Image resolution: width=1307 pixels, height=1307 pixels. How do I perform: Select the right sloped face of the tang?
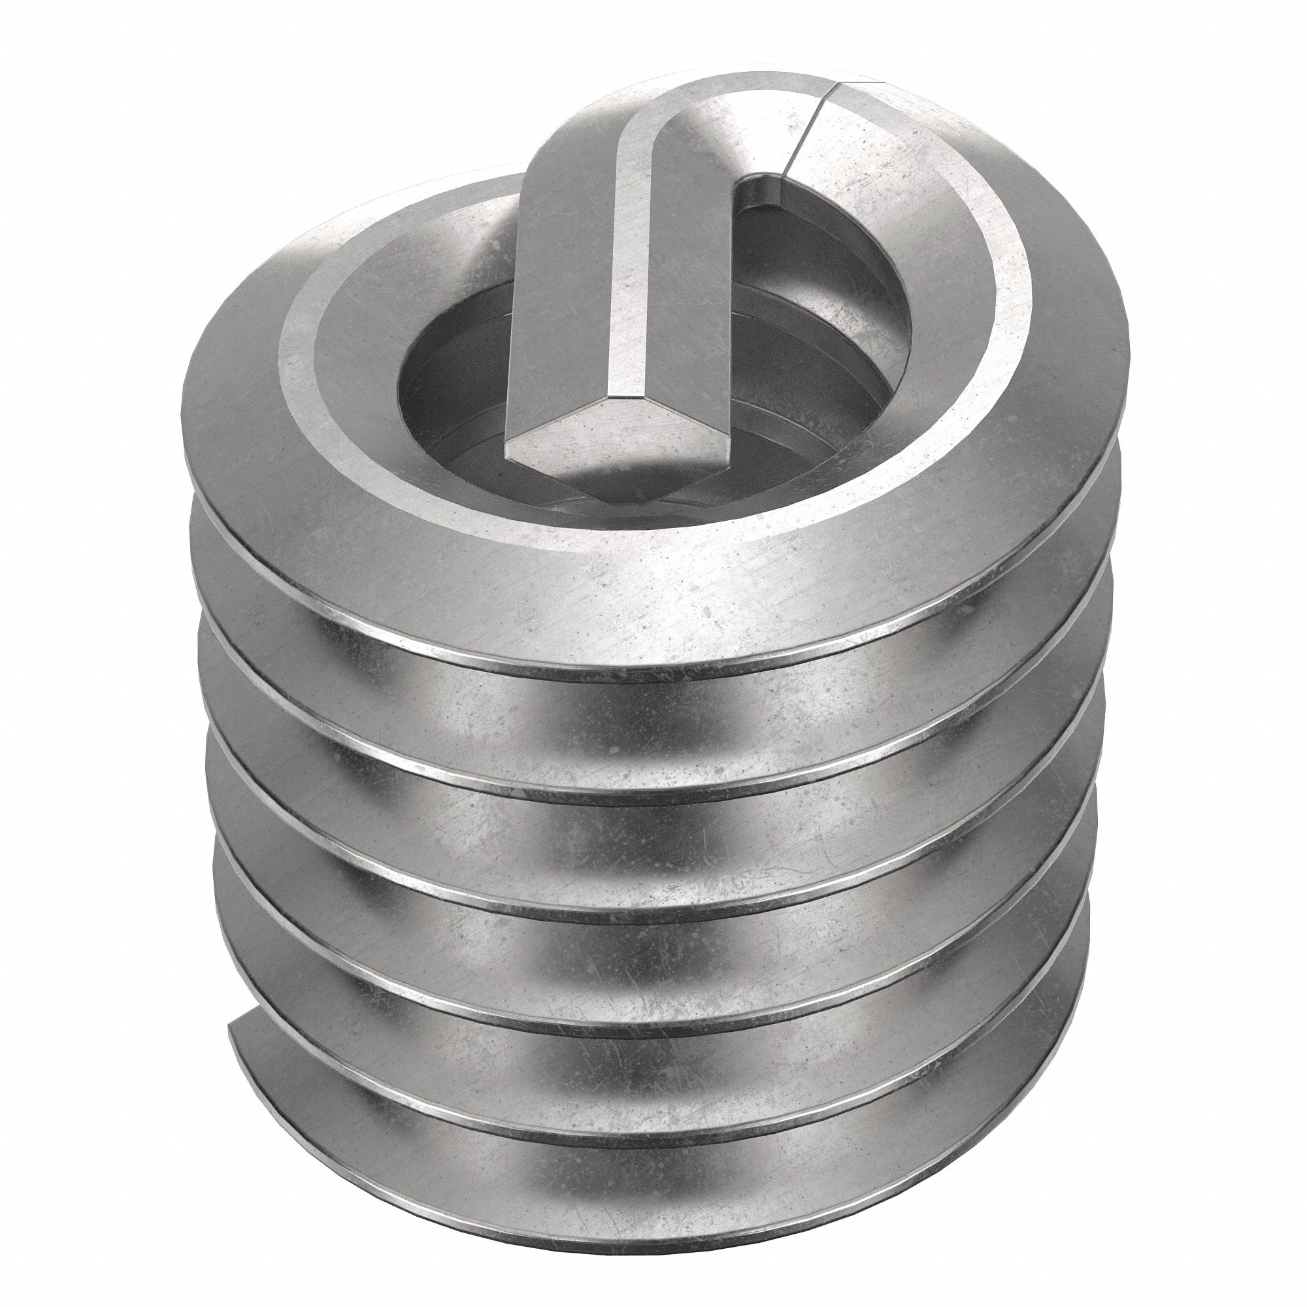(690, 284)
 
